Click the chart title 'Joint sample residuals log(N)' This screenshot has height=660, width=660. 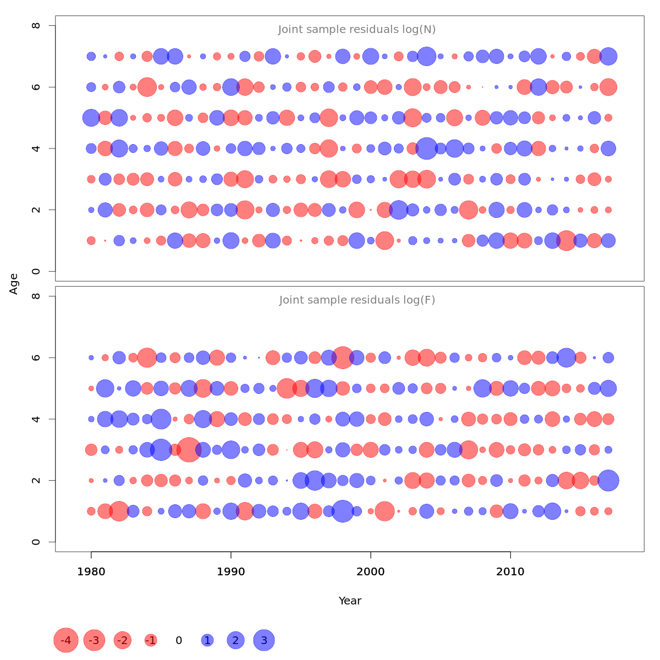click(357, 30)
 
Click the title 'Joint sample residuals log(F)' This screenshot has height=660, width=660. click(357, 300)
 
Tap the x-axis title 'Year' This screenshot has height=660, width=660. click(350, 601)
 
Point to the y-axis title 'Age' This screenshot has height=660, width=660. click(14, 284)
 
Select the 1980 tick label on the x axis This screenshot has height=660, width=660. click(91, 572)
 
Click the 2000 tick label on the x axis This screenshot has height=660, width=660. click(371, 572)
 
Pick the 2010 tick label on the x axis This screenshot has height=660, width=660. click(510, 572)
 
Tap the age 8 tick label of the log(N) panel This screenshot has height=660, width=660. click(36, 26)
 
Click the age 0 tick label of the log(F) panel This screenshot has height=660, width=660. click(36, 542)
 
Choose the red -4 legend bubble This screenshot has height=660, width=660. click(66, 640)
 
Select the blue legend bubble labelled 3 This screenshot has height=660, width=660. click(264, 640)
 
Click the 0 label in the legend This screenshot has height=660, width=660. click(179, 640)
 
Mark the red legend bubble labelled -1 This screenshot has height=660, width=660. click(151, 640)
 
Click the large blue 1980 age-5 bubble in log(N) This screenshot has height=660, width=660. click(91, 118)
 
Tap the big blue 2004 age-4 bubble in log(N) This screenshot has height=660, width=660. click(426, 148)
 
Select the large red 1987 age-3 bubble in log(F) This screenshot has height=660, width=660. click(189, 450)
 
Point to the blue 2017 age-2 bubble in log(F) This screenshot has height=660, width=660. click(608, 481)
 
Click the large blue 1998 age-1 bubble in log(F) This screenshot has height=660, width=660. click(343, 512)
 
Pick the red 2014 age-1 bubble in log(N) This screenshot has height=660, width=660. click(566, 241)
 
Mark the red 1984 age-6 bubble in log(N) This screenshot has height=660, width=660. click(147, 87)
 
